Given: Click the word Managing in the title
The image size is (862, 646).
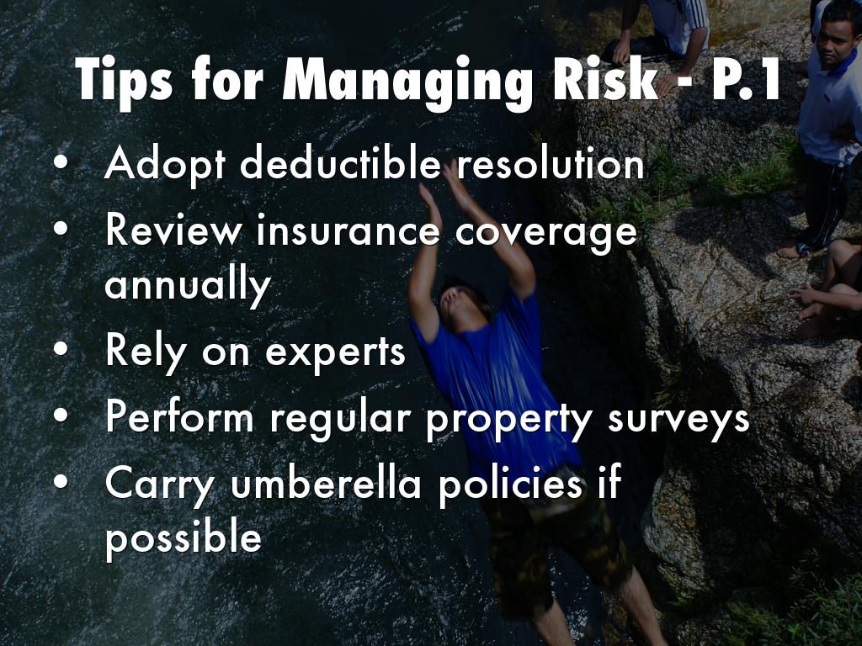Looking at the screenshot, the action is coord(407,82).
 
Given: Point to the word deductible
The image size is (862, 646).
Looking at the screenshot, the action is coord(340,163).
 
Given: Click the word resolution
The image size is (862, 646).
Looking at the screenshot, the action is coord(551,163).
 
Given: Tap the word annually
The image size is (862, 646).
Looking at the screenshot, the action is coord(188,284).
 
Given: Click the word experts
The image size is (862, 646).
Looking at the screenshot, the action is coord(335,352).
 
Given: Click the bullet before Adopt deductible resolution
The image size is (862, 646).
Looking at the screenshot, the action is coord(61,163).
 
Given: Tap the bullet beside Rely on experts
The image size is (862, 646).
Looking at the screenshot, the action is coord(61,349).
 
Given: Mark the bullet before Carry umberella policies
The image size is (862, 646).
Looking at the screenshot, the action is coord(61,482).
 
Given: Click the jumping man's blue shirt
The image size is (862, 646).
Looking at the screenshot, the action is coord(495,379).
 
